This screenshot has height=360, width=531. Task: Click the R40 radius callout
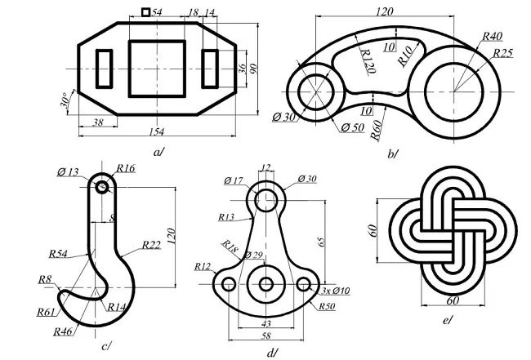pos(492,37)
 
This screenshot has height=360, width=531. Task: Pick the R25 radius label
pos(502,54)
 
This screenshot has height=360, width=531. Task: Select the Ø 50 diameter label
pos(352,127)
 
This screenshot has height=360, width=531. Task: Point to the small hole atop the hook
pos(101,187)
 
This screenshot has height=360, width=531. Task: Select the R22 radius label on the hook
pos(150,245)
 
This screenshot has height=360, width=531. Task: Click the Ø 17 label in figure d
pos(234,180)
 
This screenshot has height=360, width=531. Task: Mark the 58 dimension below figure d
pos(267,336)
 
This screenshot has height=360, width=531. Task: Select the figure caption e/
pos(446,321)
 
